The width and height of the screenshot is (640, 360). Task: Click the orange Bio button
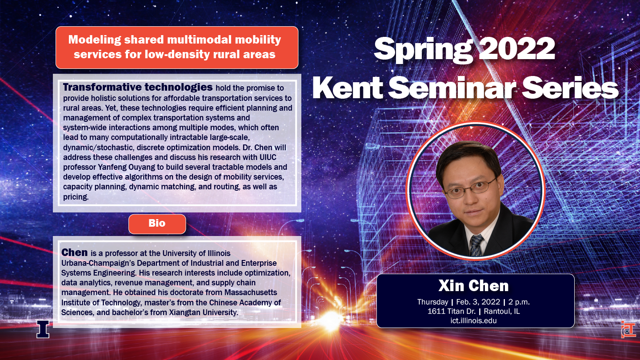pos(157,224)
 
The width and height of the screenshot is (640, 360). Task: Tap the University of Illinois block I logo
pos(43,329)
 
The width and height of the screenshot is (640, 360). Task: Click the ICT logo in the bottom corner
pos(628,329)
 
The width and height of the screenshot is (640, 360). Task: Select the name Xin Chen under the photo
pos(473,285)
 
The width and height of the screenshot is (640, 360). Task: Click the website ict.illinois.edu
pos(473,320)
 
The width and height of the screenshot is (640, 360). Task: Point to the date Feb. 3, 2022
pos(478,302)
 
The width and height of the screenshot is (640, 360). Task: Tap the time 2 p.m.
pos(519,302)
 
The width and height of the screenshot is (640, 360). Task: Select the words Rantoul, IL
pos(502,311)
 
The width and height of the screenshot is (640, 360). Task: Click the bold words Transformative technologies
pos(138,87)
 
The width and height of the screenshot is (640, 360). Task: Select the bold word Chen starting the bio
pos(74,252)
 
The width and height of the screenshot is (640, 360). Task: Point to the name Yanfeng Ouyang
pos(131,167)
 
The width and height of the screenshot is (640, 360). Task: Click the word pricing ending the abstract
pos(76,197)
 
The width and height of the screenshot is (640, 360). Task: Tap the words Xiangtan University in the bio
pos(204,312)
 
